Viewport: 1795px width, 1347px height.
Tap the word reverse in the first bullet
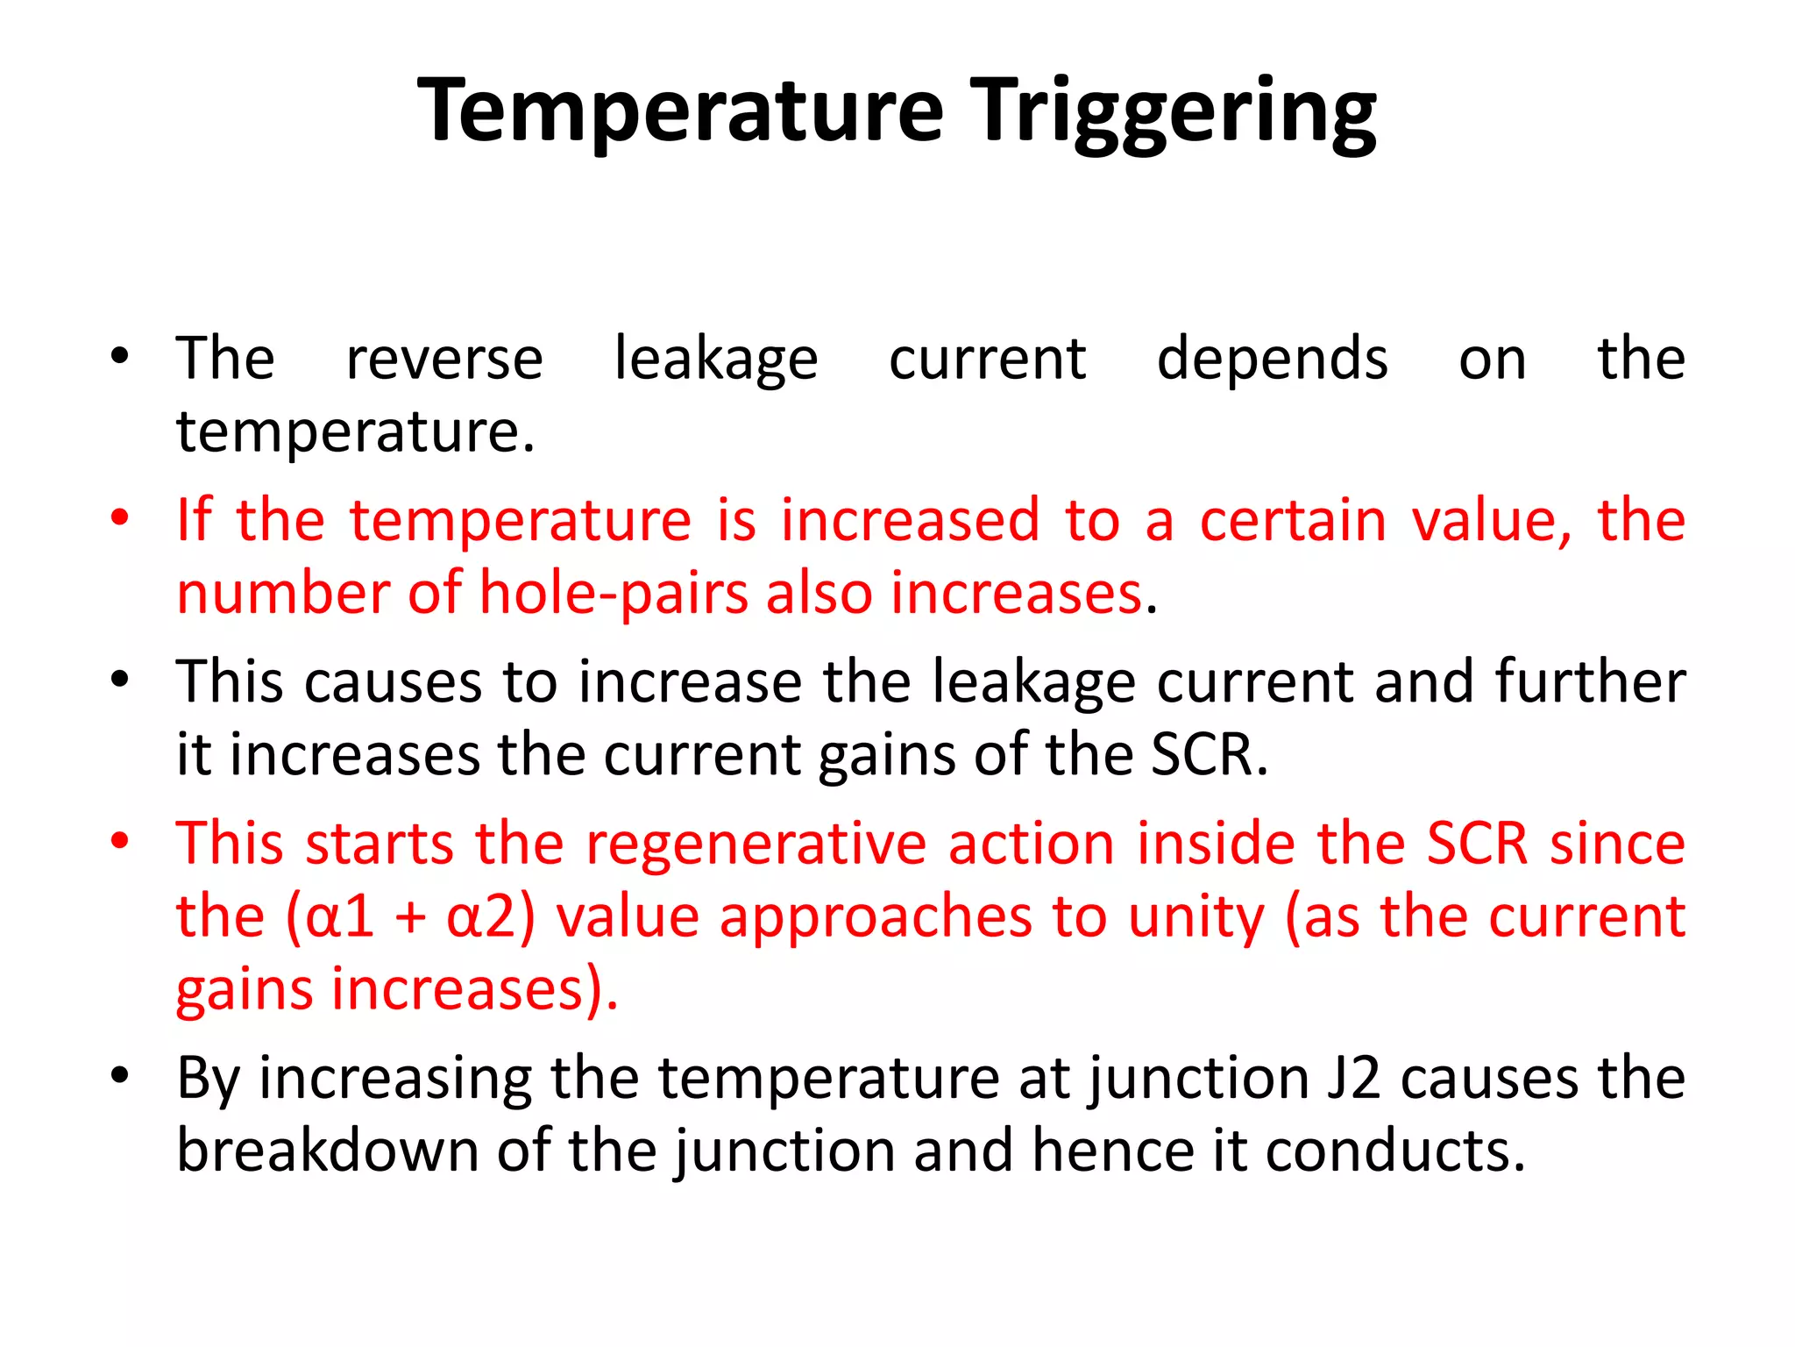(444, 360)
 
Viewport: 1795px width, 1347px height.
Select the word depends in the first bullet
(1272, 360)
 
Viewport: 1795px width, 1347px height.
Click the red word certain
(1293, 521)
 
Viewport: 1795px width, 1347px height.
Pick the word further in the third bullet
(1590, 682)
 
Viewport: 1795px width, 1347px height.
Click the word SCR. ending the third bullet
(1209, 755)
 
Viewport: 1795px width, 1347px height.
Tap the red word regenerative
(756, 845)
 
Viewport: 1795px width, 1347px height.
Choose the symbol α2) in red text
(491, 918)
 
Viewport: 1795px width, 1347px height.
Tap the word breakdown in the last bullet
(327, 1151)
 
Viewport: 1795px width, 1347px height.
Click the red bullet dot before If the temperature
(120, 517)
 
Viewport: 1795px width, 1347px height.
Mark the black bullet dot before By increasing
(120, 1075)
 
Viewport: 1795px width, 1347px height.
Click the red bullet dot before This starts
(120, 841)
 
